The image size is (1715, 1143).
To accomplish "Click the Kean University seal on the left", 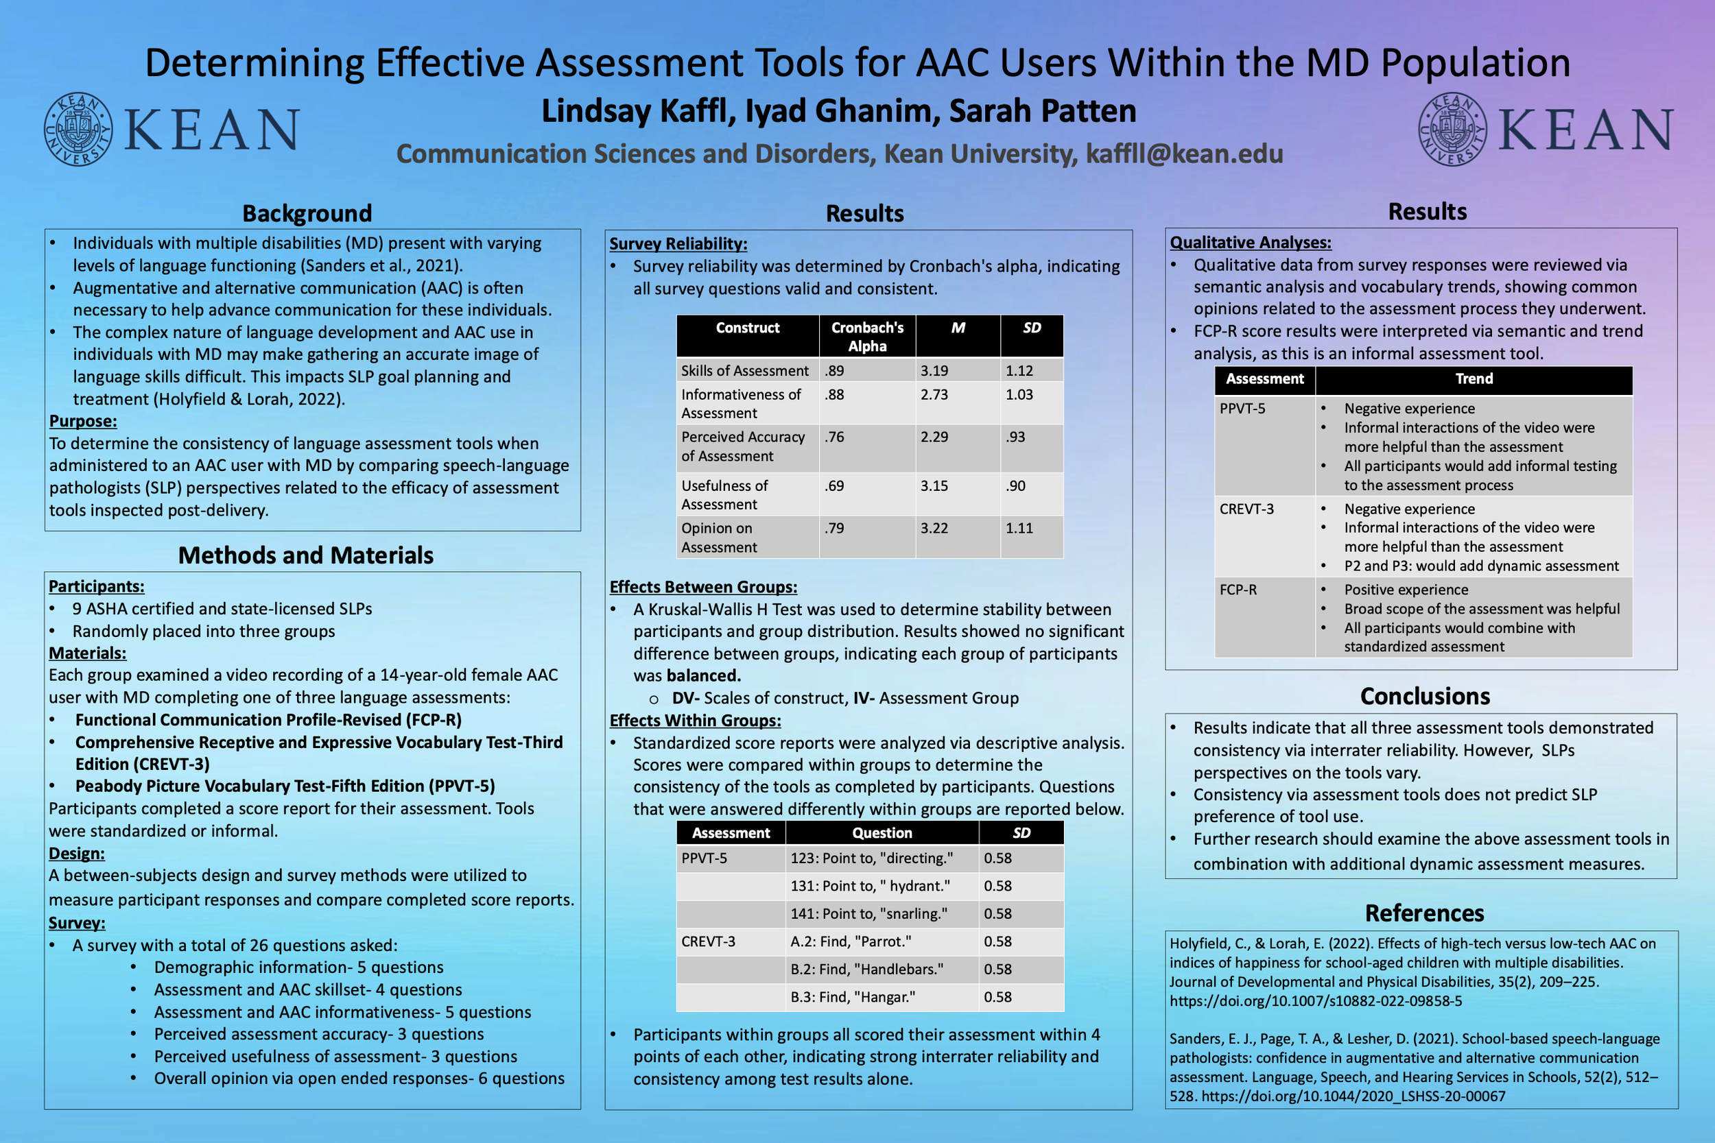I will tap(78, 129).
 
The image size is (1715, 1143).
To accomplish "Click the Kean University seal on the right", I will tap(1452, 129).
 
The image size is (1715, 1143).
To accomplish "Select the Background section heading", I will tap(307, 213).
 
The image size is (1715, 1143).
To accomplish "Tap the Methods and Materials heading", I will tap(305, 555).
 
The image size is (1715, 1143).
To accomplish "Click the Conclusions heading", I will tap(1425, 696).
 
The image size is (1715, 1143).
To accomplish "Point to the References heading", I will tap(1424, 913).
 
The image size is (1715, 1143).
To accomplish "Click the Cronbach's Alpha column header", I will tap(867, 337).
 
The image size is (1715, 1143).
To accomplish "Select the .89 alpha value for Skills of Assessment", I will tap(835, 370).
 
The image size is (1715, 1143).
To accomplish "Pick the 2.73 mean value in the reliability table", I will tap(934, 394).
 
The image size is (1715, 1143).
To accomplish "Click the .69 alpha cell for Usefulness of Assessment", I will tap(835, 485).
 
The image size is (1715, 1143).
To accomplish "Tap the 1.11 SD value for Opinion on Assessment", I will tap(1019, 528).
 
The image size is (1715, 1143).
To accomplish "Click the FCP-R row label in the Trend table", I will tap(1238, 590).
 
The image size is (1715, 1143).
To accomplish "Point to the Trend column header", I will tap(1474, 379).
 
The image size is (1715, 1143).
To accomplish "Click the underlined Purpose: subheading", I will tap(83, 421).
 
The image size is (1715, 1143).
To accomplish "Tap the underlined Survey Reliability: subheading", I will tap(678, 243).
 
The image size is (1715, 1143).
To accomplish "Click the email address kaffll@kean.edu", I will tap(1184, 154).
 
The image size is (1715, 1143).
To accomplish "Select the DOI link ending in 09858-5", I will tap(1316, 1001).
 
